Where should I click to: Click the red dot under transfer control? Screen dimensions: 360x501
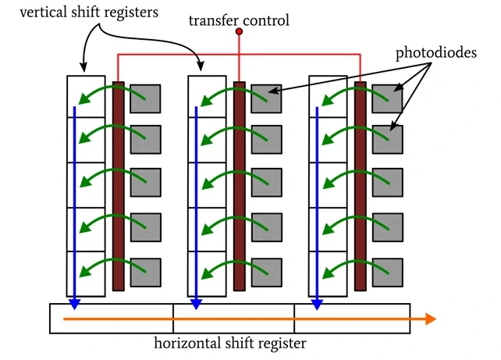(240, 32)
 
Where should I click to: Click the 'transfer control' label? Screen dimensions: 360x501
(239, 20)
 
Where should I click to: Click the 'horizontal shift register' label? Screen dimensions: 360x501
(229, 344)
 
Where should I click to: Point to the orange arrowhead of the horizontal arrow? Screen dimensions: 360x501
(430, 319)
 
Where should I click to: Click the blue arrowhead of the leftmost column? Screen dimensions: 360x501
(75, 304)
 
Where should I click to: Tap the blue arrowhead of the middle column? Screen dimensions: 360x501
(196, 304)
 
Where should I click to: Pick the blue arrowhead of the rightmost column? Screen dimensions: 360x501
(318, 304)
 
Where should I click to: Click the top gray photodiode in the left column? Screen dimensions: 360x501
(146, 99)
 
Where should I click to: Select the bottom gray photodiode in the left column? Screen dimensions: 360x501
(146, 273)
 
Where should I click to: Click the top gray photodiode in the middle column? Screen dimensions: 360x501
(267, 99)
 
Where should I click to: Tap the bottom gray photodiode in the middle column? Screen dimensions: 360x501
(267, 273)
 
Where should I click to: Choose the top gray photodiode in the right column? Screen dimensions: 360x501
(388, 99)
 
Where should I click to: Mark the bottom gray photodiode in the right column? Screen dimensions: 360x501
(388, 273)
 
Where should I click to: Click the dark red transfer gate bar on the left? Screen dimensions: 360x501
(119, 186)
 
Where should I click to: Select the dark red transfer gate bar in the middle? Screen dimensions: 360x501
(240, 186)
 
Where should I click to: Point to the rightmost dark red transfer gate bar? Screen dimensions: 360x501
(361, 186)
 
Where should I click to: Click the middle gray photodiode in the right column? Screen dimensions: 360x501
(388, 184)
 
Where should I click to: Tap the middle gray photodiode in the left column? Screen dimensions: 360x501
(146, 184)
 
